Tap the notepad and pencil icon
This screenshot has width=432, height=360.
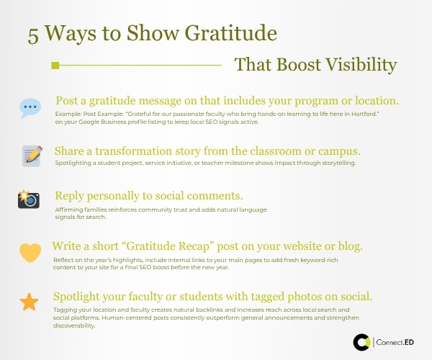(x=32, y=155)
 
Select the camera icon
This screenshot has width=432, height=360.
(x=29, y=199)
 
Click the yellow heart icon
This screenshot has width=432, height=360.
(x=30, y=253)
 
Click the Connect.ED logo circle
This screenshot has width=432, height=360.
(x=362, y=342)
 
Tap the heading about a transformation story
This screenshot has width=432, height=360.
(x=207, y=151)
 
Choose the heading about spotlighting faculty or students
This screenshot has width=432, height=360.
(x=212, y=297)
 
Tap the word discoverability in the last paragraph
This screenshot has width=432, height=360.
(x=75, y=325)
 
